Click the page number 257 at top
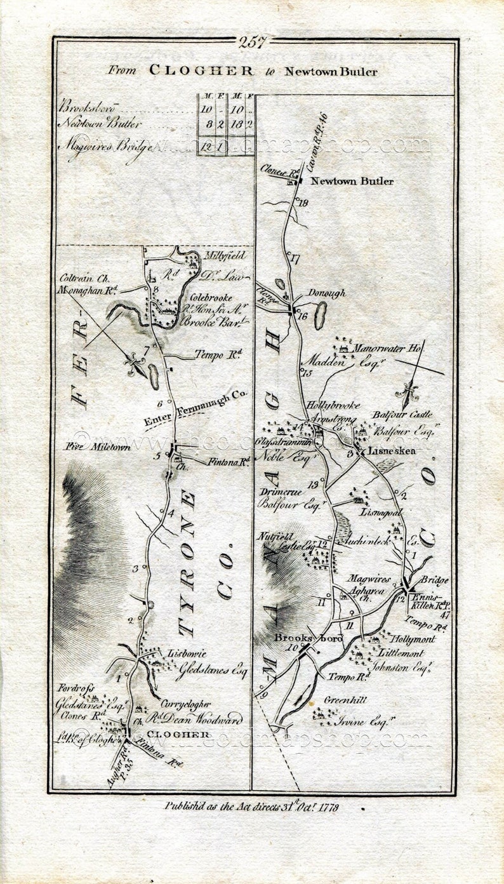[x=253, y=42]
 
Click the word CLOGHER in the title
[x=201, y=70]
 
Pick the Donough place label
[x=326, y=293]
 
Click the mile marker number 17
[x=293, y=258]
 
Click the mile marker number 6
[x=160, y=403]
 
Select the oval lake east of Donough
[x=321, y=315]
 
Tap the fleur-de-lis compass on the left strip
[x=137, y=365]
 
